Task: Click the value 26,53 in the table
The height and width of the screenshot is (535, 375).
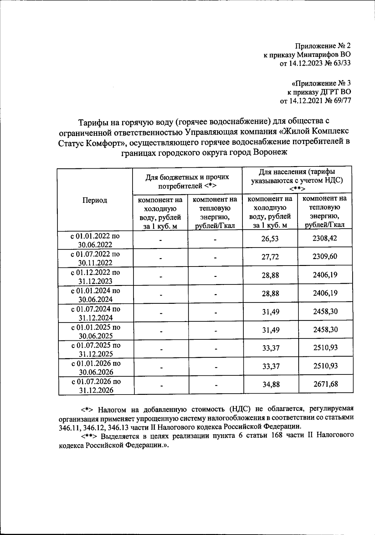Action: pyautogui.click(x=270, y=239)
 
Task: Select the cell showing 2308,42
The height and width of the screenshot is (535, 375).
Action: pyautogui.click(x=325, y=238)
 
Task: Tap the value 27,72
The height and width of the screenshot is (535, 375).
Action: pyautogui.click(x=270, y=257)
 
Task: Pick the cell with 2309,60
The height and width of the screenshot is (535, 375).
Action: pyautogui.click(x=325, y=257)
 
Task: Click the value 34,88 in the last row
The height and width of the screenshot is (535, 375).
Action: pyautogui.click(x=271, y=384)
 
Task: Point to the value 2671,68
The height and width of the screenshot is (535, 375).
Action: pyautogui.click(x=326, y=384)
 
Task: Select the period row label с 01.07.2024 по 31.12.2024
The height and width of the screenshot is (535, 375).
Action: pyautogui.click(x=96, y=313)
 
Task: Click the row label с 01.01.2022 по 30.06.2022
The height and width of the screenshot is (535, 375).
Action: pyautogui.click(x=95, y=240)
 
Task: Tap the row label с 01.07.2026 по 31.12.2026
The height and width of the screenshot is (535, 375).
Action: pyautogui.click(x=96, y=386)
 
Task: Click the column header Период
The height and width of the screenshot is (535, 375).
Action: pyautogui.click(x=95, y=200)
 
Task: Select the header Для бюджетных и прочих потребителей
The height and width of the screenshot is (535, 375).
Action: pyautogui.click(x=187, y=181)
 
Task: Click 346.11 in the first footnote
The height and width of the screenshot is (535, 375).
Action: pyautogui.click(x=68, y=427)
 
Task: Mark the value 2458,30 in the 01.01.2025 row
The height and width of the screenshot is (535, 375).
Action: pyautogui.click(x=325, y=329)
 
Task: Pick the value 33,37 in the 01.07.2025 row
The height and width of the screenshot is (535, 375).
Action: pyautogui.click(x=271, y=348)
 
